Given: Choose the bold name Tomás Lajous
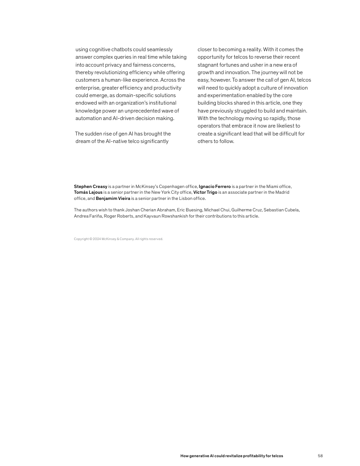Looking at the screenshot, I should [88, 192].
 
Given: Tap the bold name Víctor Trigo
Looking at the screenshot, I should [205, 192].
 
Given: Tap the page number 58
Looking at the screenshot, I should [320, 455].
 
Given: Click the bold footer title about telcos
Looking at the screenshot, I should [232, 455].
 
